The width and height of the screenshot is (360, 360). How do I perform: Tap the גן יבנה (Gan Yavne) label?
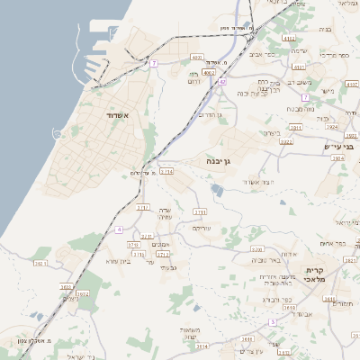219,162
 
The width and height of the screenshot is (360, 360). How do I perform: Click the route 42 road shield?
221,82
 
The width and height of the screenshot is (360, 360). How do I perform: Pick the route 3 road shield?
273,321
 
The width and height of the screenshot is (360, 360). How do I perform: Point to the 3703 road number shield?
200,212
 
